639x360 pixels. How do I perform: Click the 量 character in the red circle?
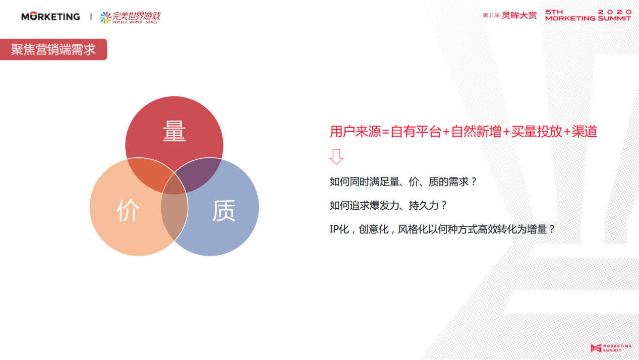point(174,131)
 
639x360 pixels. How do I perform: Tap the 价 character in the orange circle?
point(128,210)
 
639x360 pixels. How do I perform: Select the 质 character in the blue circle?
point(224,210)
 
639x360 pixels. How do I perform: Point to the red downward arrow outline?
point(336,157)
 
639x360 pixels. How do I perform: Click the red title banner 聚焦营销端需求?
point(53,49)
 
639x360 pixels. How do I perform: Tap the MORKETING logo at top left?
point(50,17)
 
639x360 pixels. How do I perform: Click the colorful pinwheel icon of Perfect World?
point(105,18)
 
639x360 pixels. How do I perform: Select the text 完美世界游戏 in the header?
point(136,16)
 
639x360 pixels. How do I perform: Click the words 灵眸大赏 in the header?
point(519,15)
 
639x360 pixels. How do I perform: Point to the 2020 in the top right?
point(614,12)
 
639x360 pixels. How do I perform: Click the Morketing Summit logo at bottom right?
point(611,348)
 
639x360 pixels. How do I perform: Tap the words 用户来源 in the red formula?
point(355,132)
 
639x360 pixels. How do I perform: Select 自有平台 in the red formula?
point(416,132)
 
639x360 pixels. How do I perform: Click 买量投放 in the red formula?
point(537,132)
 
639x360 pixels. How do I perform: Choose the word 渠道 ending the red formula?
point(585,132)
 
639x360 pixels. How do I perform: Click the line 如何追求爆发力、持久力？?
point(388,205)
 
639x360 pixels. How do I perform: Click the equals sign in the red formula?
point(386,132)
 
